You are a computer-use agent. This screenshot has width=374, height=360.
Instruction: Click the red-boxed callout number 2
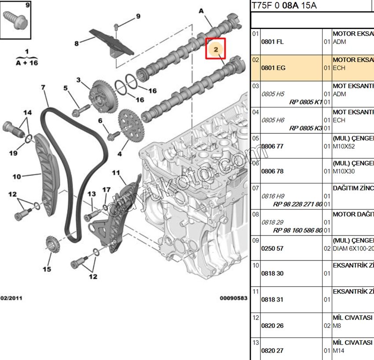216,49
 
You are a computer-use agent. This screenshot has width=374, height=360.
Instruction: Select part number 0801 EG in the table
273,68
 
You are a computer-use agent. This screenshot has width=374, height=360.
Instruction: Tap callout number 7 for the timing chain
43,88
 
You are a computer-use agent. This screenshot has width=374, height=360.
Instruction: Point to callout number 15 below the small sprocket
47,269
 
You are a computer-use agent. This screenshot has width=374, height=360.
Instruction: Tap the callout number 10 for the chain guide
17,177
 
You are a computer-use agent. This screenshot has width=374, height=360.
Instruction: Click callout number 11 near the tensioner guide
116,173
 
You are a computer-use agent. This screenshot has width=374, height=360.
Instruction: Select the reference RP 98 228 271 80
298,204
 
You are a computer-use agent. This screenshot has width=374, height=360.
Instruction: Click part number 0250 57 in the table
272,248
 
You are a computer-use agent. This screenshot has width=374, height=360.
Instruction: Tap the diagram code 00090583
234,298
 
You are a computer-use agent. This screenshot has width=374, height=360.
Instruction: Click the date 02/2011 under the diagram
11,298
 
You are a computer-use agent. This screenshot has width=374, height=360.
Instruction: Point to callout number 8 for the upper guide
77,43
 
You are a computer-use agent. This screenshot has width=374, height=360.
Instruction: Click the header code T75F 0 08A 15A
284,6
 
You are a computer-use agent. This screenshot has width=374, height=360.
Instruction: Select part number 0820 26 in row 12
272,326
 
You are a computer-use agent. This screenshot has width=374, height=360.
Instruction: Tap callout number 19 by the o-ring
13,153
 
